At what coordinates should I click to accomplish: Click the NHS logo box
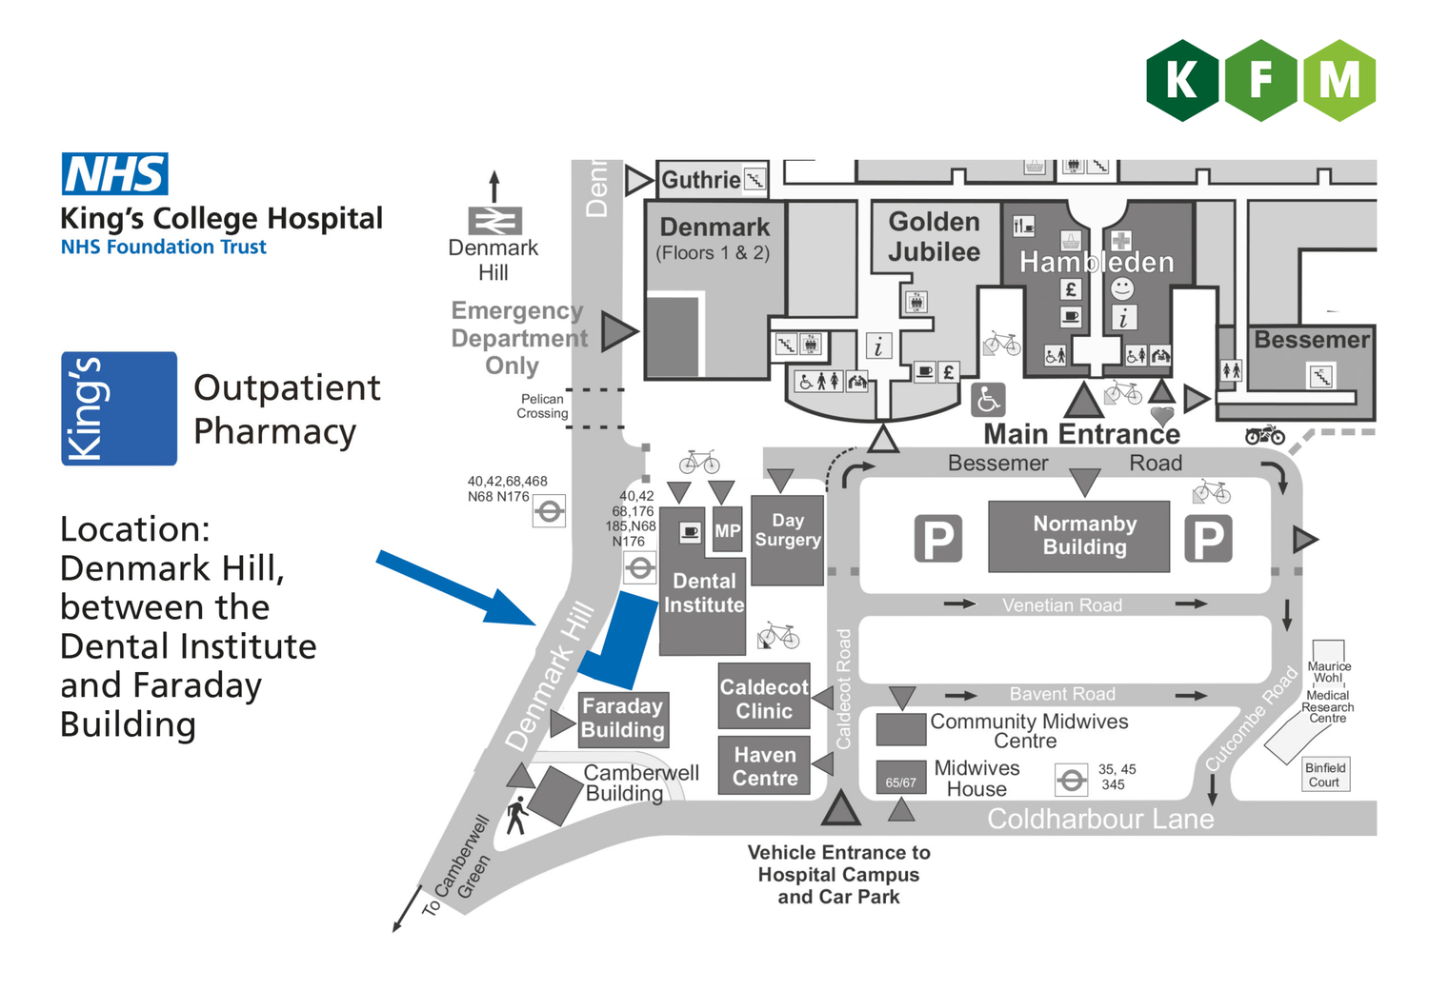click(x=115, y=174)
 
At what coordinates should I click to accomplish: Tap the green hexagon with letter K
click(x=1182, y=81)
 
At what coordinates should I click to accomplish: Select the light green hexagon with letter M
click(x=1338, y=81)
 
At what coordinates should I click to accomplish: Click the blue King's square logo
click(x=119, y=408)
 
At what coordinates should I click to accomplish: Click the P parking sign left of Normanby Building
click(x=938, y=539)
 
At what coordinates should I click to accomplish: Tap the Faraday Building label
click(x=623, y=718)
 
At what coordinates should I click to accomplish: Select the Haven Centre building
click(x=764, y=766)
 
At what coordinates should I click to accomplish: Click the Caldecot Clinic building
click(x=764, y=698)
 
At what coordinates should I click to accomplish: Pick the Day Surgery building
click(x=787, y=540)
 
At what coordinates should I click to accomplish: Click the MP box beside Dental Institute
click(x=727, y=530)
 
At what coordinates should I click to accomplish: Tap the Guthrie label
click(x=701, y=180)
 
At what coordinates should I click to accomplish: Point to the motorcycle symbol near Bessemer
click(x=1264, y=435)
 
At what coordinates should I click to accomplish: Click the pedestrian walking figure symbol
click(x=517, y=816)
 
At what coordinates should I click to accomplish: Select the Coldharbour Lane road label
click(x=1100, y=819)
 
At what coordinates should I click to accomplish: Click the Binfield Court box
click(x=1325, y=775)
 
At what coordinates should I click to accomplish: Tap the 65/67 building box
click(x=900, y=778)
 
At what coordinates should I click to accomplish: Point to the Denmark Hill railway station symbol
click(x=494, y=221)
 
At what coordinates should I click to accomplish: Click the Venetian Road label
click(x=1061, y=605)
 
